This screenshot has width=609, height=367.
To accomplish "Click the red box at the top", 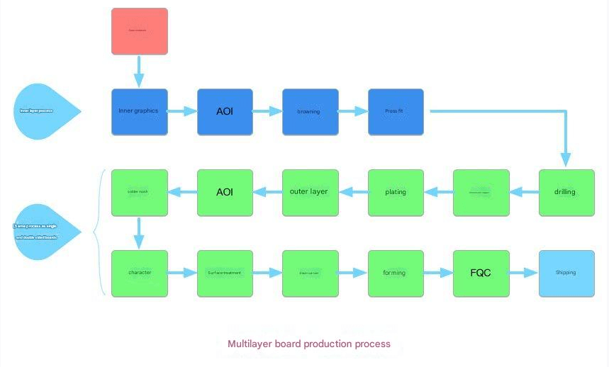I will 140,31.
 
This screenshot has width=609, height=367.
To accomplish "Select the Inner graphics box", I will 140,112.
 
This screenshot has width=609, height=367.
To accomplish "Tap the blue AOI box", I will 225,112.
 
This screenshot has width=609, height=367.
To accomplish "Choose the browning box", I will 310,112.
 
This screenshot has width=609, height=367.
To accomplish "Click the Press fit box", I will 396,112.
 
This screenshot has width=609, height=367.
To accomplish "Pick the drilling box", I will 566,193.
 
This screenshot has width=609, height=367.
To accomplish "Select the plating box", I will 396,193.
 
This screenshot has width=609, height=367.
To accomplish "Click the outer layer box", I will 310,193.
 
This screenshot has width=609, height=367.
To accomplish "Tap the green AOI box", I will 225,193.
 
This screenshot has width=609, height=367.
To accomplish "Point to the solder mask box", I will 140,193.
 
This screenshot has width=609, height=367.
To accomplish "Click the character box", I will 140,273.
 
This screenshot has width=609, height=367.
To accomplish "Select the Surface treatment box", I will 225,273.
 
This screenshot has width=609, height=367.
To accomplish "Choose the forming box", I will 396,273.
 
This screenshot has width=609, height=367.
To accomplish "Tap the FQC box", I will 481,273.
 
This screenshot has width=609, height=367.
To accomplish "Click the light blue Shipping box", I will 566,273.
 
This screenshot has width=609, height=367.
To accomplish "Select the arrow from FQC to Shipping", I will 524,273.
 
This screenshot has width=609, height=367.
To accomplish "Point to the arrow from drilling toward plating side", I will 524,191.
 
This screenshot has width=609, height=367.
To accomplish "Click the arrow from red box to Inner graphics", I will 139,71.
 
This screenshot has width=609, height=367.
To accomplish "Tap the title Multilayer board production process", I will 308,344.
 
